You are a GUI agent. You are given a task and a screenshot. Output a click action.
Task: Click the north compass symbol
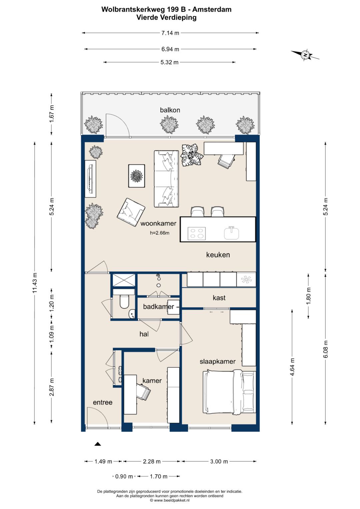305,55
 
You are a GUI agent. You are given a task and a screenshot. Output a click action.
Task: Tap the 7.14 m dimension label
170,33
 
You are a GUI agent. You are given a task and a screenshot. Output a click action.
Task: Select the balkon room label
170,110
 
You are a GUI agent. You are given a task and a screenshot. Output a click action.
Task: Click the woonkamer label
158,223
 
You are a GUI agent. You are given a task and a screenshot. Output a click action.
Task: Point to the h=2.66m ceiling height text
160,233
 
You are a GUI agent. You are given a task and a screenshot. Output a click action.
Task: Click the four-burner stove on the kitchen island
197,233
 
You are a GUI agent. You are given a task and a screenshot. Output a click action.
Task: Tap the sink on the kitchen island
232,233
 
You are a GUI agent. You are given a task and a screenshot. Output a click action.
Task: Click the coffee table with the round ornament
137,176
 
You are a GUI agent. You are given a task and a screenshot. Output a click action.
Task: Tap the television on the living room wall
90,179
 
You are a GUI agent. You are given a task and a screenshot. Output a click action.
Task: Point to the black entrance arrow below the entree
97,444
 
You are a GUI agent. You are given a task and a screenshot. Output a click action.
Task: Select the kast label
219,298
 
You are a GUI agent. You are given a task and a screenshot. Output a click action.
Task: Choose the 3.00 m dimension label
219,461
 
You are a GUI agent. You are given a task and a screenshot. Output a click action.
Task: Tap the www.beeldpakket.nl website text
172,500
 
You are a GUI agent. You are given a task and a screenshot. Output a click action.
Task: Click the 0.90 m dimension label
124,476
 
